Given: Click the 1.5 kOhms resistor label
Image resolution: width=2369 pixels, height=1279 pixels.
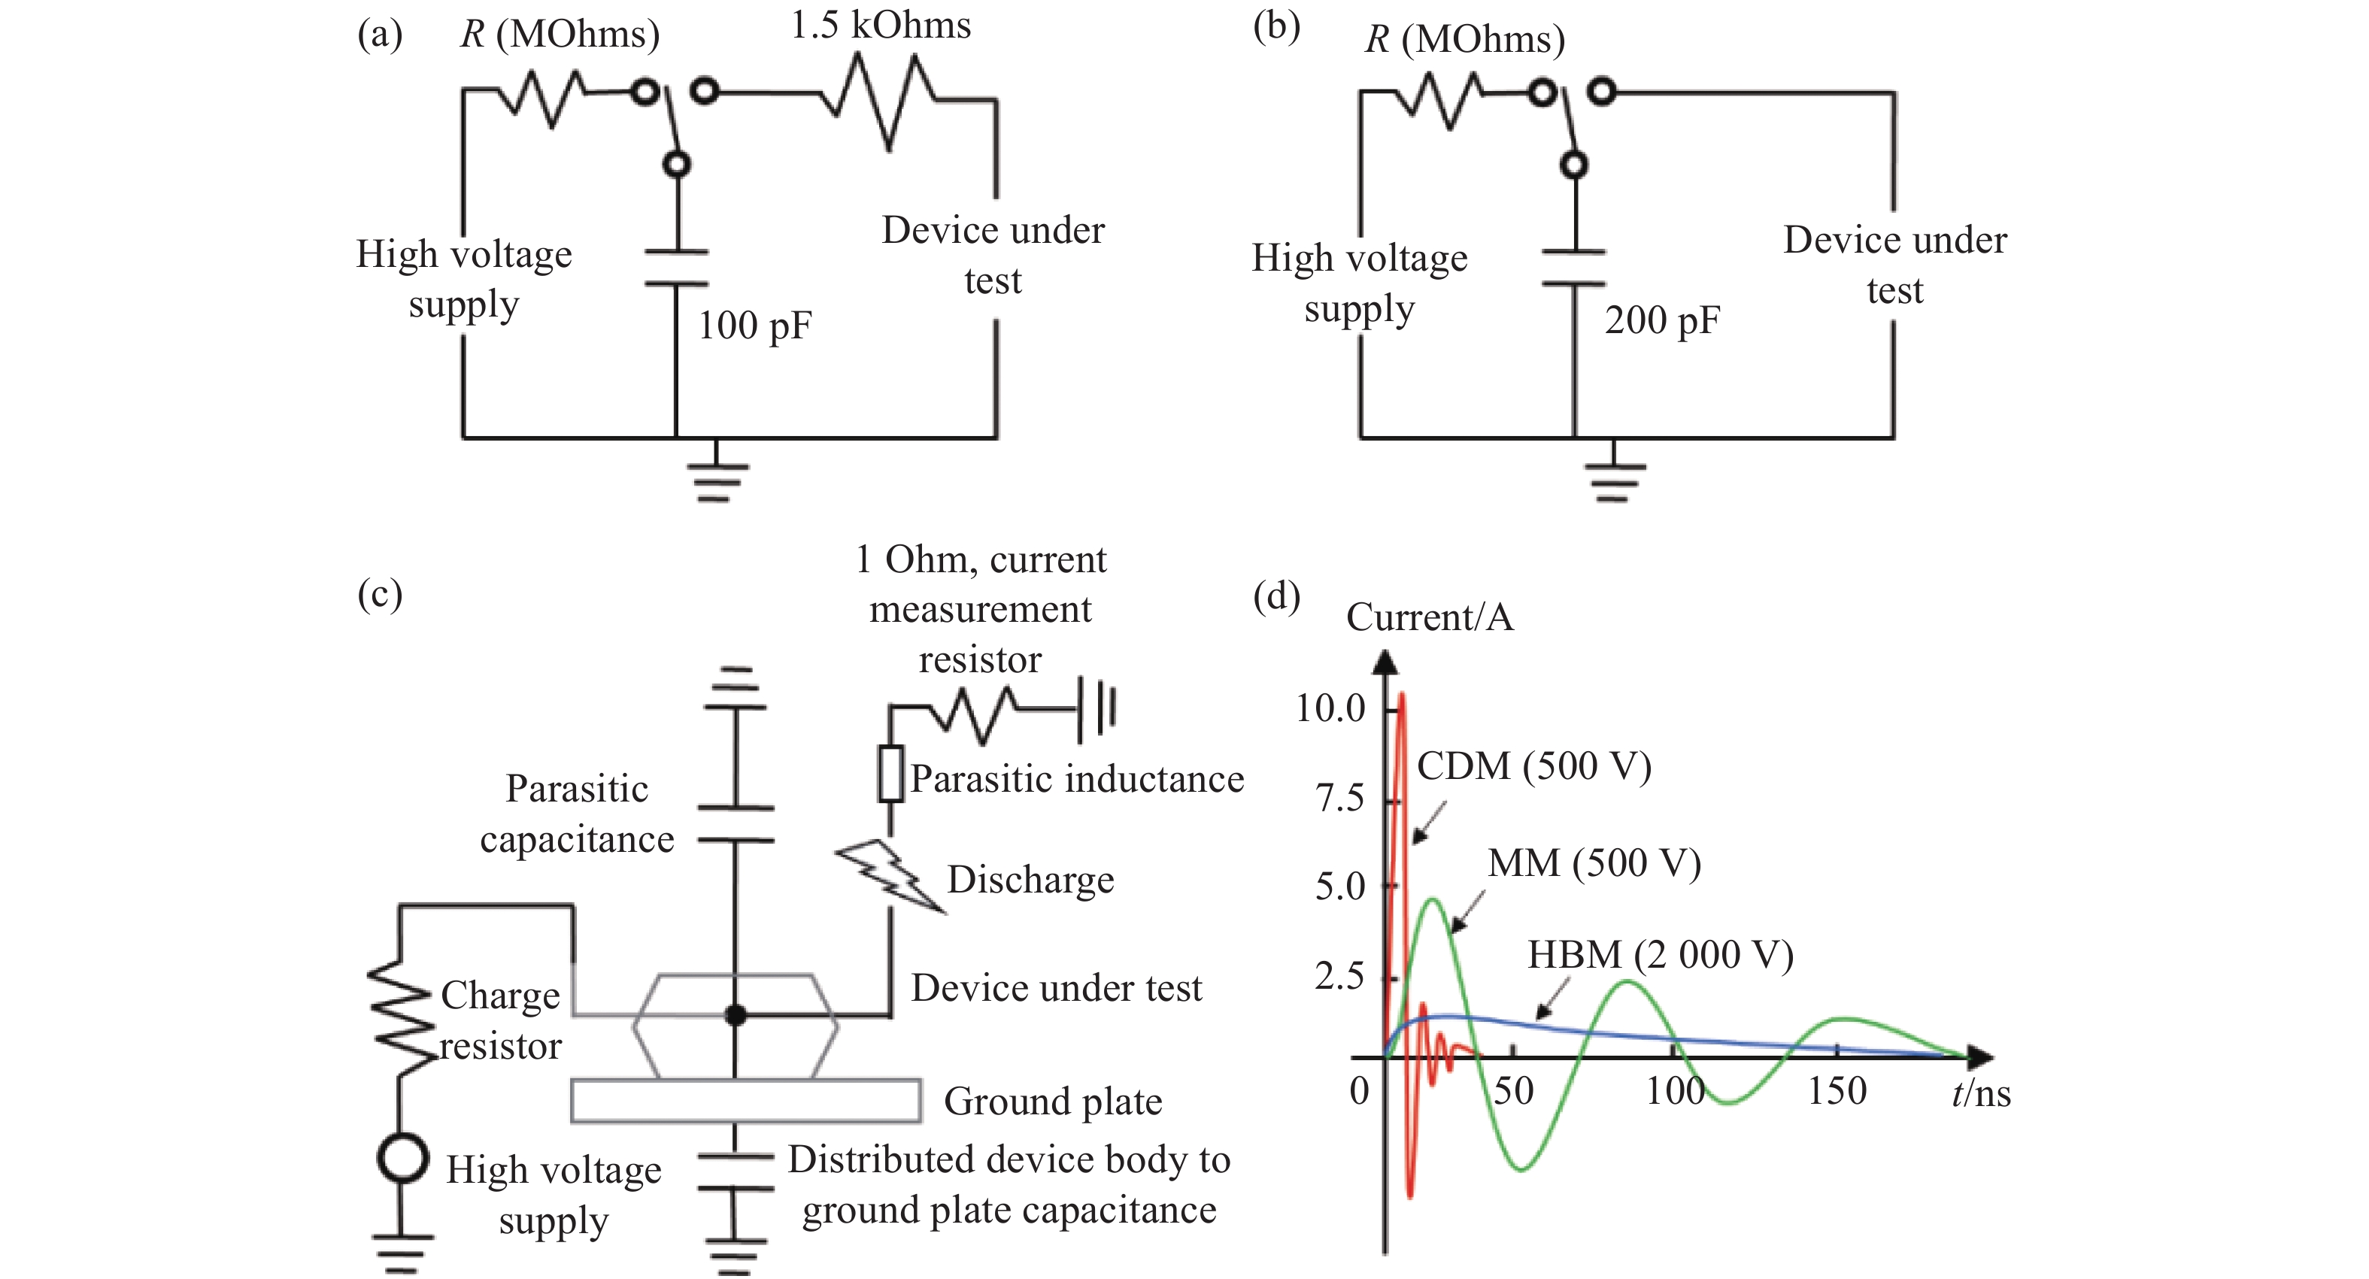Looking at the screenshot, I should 880,25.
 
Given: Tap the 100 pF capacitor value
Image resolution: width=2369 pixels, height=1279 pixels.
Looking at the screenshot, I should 754,326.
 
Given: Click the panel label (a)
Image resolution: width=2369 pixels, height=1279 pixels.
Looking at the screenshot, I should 380,35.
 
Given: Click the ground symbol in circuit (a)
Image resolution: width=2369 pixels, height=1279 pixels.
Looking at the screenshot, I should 717,478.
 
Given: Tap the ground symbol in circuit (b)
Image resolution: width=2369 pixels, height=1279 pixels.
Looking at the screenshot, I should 1614,478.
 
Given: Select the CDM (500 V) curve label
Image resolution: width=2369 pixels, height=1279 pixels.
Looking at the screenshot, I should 1533,766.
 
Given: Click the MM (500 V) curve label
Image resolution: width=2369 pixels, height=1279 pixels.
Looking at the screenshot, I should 1594,863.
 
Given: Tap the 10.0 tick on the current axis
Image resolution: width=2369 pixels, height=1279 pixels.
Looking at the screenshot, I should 1330,709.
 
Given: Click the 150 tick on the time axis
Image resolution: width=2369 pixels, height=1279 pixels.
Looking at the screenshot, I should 1837,1092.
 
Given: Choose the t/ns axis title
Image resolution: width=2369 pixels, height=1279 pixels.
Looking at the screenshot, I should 1981,1093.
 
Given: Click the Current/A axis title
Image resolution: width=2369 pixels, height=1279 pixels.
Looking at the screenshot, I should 1429,617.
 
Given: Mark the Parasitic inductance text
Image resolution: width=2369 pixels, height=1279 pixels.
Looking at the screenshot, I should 1077,779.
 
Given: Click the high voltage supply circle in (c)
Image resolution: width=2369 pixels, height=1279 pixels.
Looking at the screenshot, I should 402,1158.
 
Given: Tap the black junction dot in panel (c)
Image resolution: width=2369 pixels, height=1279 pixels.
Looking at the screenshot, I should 735,1015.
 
